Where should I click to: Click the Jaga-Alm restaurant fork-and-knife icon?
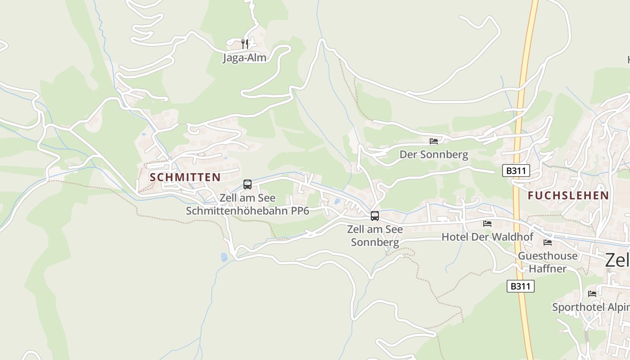(x=245, y=44)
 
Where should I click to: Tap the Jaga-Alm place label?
(x=244, y=58)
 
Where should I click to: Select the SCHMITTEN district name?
(x=185, y=177)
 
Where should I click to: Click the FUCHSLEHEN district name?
(x=568, y=195)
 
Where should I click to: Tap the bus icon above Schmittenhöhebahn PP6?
(x=247, y=184)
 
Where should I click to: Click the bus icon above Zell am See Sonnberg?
(x=375, y=216)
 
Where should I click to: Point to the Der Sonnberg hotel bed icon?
(x=434, y=141)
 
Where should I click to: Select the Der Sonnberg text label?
(x=434, y=155)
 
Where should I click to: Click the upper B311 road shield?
(x=516, y=171)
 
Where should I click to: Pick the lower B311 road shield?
(x=521, y=286)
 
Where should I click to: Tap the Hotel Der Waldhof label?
(x=487, y=237)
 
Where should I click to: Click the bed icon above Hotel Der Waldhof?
(x=487, y=223)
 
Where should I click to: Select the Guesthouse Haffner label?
(x=548, y=262)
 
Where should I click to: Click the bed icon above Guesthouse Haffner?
(x=548, y=243)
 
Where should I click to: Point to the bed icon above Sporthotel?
(x=592, y=294)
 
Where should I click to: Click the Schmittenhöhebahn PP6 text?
(x=247, y=211)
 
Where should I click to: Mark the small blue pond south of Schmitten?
(x=224, y=257)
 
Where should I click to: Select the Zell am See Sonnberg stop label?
(x=375, y=236)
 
